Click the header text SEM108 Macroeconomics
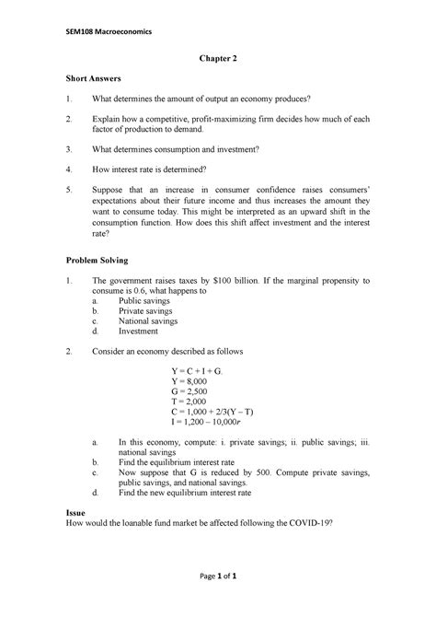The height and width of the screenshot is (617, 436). click(106, 34)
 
